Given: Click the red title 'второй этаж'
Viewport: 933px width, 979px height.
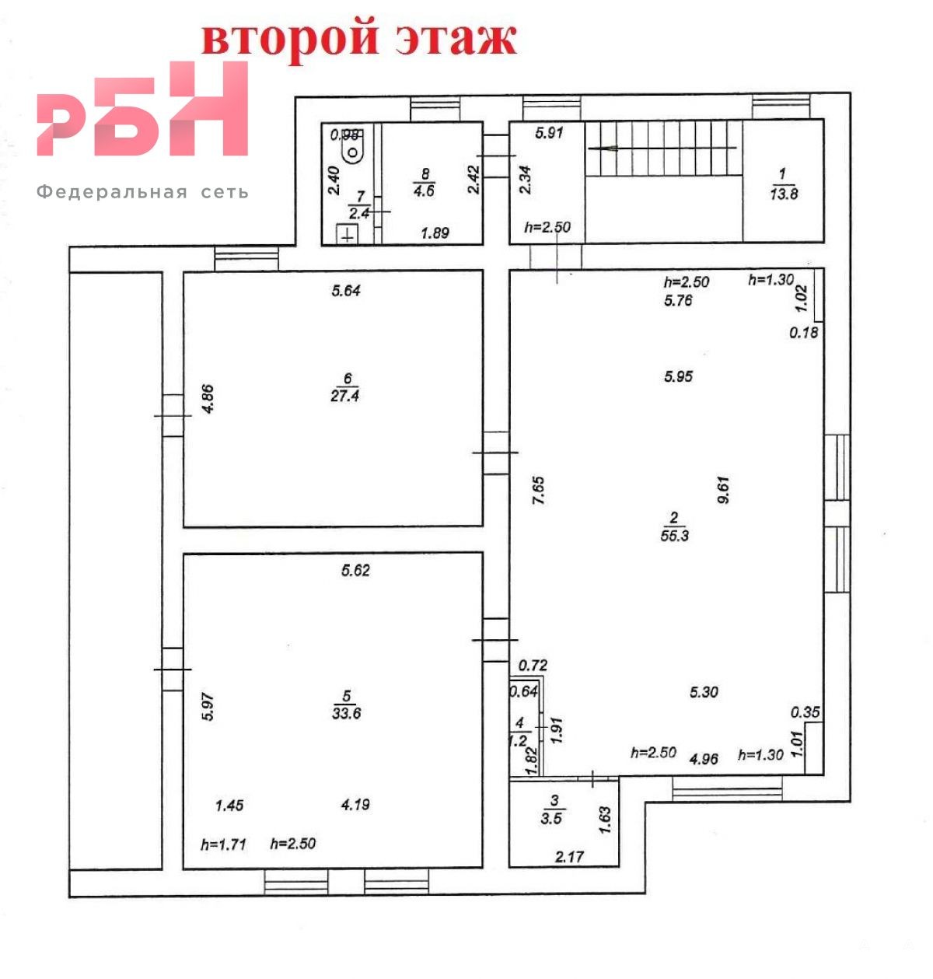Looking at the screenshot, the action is point(359,40).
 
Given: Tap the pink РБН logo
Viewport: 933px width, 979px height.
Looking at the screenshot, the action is point(142,109).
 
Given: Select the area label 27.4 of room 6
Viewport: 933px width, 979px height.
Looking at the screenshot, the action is point(345,396).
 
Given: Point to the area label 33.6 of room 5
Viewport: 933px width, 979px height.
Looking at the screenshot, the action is point(347,713).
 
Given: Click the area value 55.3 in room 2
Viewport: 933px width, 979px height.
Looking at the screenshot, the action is point(675,535).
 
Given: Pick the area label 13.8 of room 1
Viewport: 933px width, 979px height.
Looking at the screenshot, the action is point(784,194).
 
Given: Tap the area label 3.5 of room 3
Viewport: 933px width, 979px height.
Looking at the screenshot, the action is point(551,818).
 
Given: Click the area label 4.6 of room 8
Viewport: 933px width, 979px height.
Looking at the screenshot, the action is point(425,191).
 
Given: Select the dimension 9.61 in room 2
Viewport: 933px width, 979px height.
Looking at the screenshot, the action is point(723,490).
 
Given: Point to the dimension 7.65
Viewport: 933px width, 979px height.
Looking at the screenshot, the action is point(539,491).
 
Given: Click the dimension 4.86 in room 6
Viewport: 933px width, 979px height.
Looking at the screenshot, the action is point(208,398).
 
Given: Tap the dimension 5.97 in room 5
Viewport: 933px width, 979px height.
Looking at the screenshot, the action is point(208,706).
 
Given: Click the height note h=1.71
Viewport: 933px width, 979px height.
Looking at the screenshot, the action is point(224,844).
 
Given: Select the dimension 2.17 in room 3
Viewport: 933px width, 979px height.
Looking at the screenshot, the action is point(570,857).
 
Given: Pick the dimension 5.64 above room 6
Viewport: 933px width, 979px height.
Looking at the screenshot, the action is point(346,290).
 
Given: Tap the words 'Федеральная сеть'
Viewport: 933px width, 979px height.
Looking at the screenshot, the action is point(142,192).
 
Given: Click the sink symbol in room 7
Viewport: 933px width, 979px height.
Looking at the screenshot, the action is point(348,234).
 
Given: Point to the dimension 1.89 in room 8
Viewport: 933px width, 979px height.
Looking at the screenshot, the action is point(435,233).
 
